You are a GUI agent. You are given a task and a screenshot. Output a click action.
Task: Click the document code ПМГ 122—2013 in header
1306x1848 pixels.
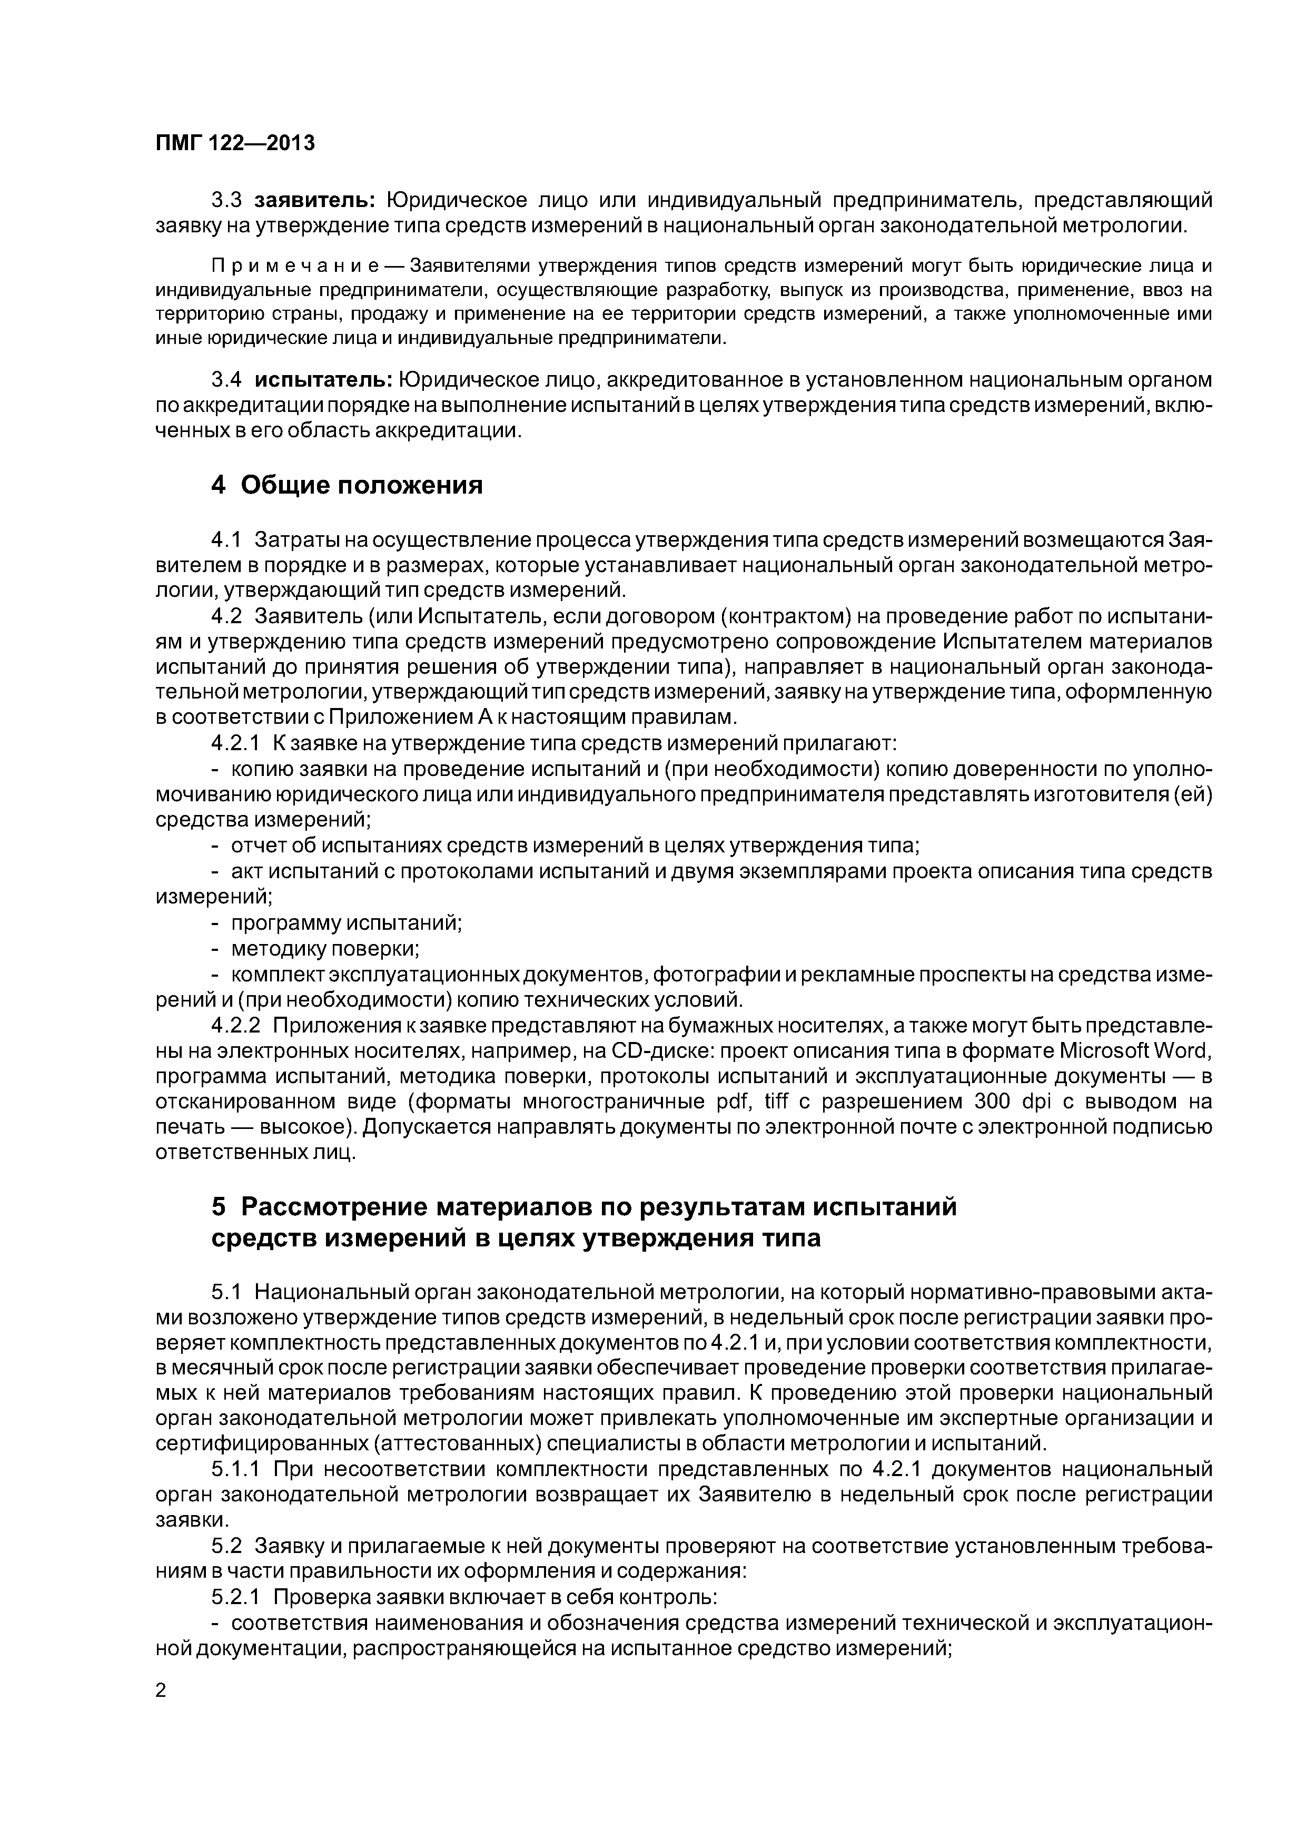[234, 143]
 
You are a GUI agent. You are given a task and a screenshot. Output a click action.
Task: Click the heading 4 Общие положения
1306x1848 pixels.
[347, 485]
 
